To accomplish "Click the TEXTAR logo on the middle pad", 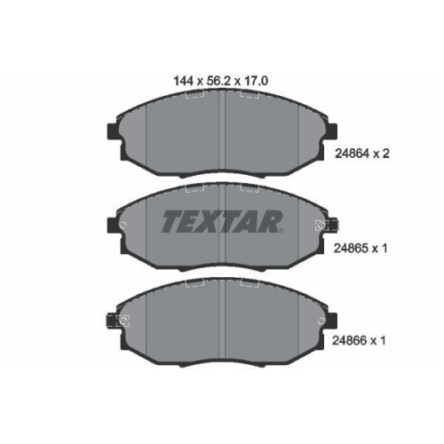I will tap(222, 222).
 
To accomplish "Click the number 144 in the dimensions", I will tap(183, 80).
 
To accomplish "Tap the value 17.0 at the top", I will tap(257, 80).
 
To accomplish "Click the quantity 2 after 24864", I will tap(386, 153).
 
